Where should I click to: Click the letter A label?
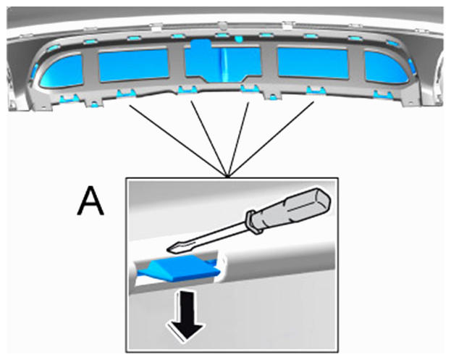90,201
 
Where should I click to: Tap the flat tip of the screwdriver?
172,249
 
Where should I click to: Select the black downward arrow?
186,315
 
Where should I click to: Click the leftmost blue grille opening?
62,71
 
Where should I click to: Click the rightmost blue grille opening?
386,68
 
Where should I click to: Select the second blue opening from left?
133,65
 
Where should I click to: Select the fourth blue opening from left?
313,63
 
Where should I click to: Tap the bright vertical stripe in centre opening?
224,64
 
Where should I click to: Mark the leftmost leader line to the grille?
178,141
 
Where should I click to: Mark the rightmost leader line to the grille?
271,138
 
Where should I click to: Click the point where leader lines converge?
228,176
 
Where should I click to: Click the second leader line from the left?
209,138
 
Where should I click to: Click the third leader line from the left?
238,139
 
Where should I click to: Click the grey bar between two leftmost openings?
91,68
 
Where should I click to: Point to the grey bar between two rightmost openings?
357,65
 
